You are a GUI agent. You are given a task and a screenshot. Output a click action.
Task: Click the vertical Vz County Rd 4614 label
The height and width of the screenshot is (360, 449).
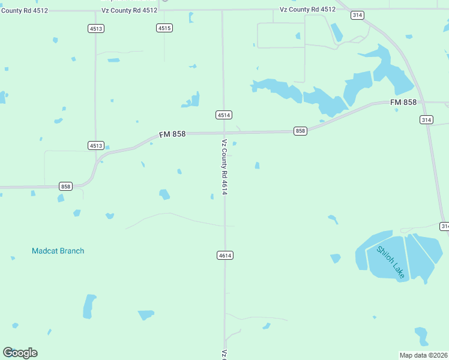(x=224, y=167)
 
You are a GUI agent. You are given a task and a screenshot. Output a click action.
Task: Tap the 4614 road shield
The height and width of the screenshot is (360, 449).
(x=224, y=256)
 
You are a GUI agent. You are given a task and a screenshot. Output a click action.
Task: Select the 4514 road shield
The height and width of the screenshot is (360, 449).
(x=224, y=115)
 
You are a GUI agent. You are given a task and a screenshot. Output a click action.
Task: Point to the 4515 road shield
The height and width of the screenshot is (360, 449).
(x=164, y=28)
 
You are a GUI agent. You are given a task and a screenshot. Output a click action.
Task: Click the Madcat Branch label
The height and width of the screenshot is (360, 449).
(x=58, y=251)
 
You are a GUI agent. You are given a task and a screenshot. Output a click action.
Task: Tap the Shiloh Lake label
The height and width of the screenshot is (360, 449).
(x=391, y=262)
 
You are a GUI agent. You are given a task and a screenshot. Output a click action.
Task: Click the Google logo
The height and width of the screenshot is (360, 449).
(x=20, y=352)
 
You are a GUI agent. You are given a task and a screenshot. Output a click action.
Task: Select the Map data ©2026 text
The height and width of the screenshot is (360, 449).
(x=424, y=355)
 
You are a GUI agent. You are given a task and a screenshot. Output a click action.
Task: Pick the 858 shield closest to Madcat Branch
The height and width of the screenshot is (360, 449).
(x=66, y=187)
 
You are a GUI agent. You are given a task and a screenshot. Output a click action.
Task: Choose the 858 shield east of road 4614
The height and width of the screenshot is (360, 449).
(x=300, y=131)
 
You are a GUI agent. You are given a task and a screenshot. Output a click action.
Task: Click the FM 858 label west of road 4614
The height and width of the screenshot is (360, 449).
(x=172, y=134)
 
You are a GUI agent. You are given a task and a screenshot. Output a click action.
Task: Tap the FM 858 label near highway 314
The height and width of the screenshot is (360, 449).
(x=403, y=103)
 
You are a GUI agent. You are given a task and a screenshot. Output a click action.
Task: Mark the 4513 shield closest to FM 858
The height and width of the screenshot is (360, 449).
(x=95, y=145)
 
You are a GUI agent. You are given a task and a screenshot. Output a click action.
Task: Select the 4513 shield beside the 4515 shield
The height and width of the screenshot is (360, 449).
(x=95, y=28)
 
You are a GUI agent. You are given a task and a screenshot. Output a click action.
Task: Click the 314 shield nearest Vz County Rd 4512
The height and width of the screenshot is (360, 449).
(x=358, y=16)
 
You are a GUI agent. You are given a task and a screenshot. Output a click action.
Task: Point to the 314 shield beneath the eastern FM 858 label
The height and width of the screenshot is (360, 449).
(x=426, y=120)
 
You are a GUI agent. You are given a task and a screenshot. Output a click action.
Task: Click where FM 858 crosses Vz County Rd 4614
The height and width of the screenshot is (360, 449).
(x=224, y=132)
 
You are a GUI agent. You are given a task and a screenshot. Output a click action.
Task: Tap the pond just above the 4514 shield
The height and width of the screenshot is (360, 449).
(x=192, y=101)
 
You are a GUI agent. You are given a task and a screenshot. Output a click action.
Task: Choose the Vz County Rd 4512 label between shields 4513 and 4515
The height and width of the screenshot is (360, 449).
(x=129, y=11)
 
